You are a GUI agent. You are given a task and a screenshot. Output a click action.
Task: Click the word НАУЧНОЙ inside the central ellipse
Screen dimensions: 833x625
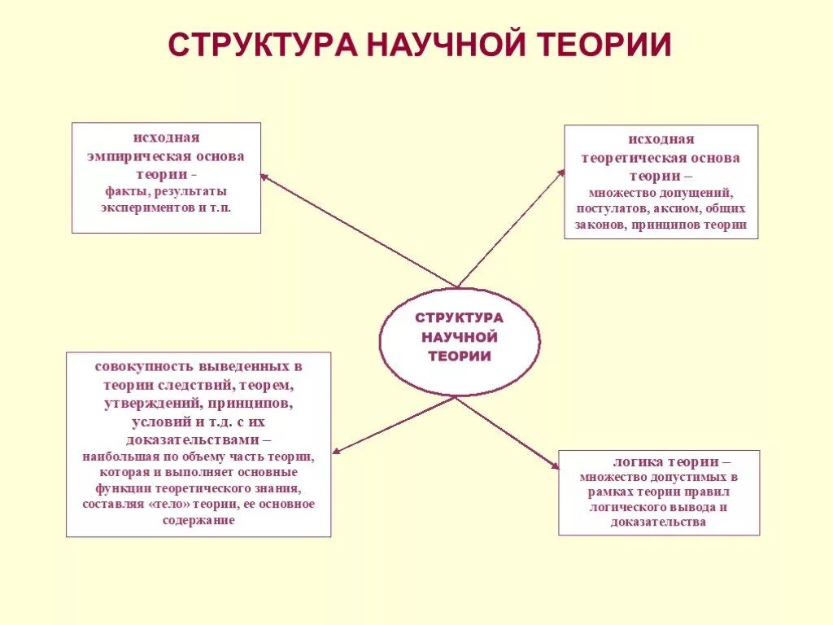click(460, 336)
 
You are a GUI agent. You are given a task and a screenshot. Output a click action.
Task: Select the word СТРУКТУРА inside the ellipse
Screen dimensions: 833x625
click(460, 317)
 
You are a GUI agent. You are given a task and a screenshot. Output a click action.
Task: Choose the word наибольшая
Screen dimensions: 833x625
click(118, 457)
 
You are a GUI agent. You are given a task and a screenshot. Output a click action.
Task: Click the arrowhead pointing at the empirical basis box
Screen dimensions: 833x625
click(264, 176)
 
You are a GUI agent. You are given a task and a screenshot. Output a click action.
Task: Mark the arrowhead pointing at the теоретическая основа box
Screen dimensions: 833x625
click(560, 173)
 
